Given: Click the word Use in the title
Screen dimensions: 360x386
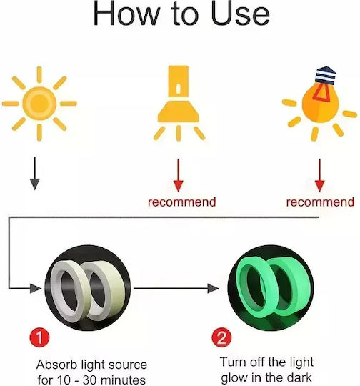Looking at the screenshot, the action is coord(240,14).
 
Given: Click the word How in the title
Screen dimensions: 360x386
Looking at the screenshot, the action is coord(126,14).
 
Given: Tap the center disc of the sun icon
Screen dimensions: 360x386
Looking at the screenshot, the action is coord(39,104).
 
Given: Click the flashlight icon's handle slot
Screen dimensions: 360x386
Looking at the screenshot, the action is coord(179,89).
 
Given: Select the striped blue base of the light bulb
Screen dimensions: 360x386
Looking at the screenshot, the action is coord(325,76).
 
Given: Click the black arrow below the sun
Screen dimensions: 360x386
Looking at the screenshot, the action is coord(35,174).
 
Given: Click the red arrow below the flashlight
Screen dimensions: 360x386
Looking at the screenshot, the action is coord(178,175).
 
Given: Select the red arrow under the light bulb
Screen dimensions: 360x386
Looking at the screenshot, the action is coord(319,175).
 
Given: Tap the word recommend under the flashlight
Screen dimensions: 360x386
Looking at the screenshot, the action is coord(182,202).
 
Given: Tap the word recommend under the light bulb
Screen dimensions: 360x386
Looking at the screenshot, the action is coord(320,202).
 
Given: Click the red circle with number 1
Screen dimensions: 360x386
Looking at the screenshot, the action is coord(39,337).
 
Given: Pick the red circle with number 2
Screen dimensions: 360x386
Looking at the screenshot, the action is coord(221,337).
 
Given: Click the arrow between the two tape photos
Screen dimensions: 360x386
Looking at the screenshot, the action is coord(176,288).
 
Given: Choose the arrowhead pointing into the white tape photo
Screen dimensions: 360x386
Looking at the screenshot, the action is coord(35,288).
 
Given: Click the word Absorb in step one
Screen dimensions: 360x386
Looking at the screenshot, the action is coord(57,365).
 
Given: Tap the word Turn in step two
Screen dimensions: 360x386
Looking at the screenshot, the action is coord(233,362).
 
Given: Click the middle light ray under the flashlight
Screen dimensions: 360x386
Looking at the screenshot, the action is coord(179,133).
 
